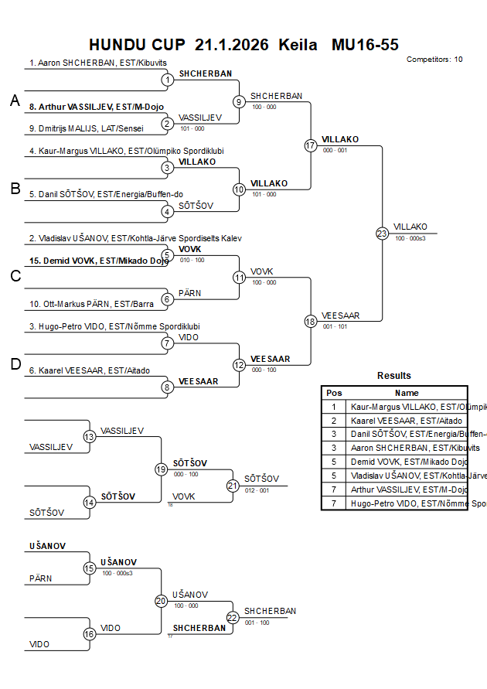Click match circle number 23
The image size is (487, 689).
coord(382,234)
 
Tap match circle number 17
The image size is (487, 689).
coord(311,145)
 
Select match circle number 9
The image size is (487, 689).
coord(240,101)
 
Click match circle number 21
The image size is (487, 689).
coord(233,486)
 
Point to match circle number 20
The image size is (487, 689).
coord(161,600)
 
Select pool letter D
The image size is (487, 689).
coord(15,365)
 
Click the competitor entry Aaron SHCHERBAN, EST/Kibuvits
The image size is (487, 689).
coord(98,63)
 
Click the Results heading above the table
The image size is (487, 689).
coord(394,376)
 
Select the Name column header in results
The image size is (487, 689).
coord(407,393)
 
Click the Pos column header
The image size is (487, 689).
coord(334,393)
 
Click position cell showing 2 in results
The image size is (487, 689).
coord(334,420)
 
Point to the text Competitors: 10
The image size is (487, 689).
coord(434,59)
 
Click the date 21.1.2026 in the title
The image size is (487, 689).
coord(232,44)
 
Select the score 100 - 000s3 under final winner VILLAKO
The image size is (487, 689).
coord(410,238)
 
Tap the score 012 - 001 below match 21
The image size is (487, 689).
coord(257,490)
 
